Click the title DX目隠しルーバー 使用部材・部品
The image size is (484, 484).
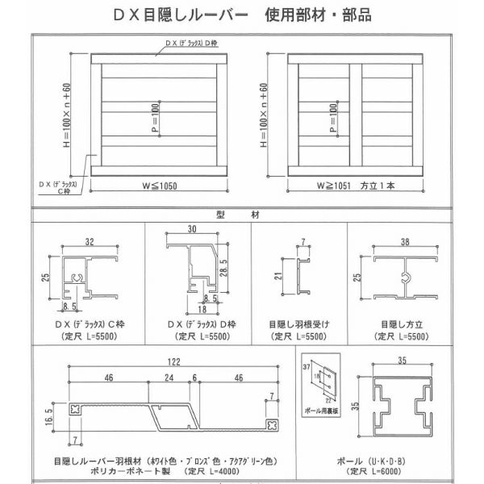click(x=242, y=15)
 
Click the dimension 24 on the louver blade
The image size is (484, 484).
click(x=168, y=377)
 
